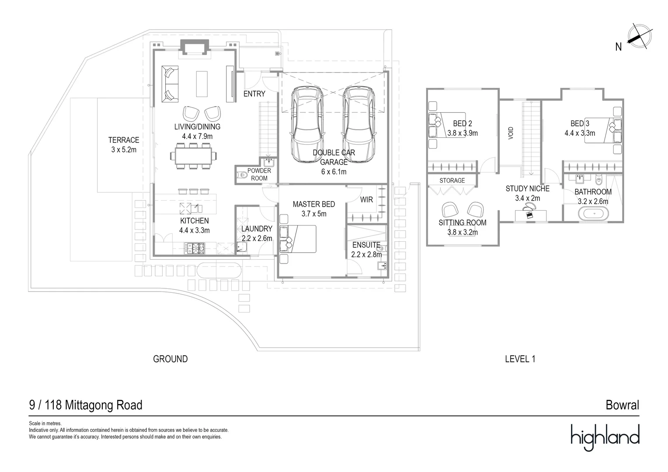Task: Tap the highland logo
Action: tap(605, 437)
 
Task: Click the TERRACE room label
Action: tap(124, 140)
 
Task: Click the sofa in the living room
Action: tap(170, 84)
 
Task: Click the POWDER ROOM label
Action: tap(259, 174)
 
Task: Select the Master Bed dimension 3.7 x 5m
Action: tap(314, 214)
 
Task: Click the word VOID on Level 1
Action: tap(511, 133)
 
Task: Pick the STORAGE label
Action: tap(452, 180)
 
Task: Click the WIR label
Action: tap(366, 200)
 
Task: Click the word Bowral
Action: tap(622, 405)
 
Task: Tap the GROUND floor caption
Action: tap(170, 359)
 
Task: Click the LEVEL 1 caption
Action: tap(520, 359)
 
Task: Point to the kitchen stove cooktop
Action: tap(196, 249)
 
